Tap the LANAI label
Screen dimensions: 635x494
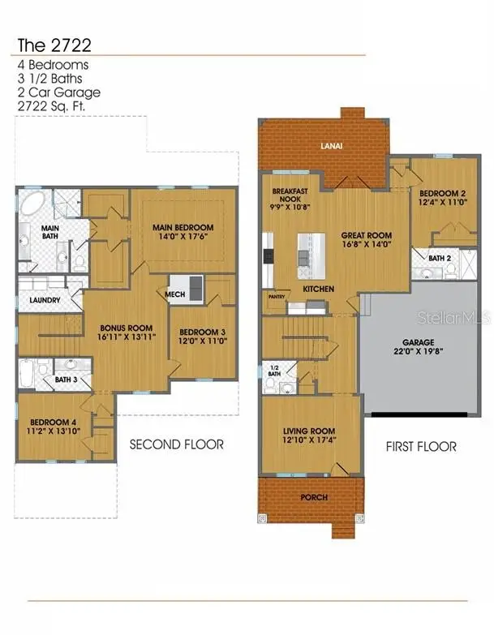tap(324, 147)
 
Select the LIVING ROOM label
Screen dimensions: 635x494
tap(309, 431)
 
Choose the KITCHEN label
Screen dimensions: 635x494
tap(318, 289)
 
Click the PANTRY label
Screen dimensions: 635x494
tap(276, 298)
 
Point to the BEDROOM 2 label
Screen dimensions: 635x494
tap(439, 193)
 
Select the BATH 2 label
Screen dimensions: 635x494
tap(439, 258)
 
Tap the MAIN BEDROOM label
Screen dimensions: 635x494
tap(183, 227)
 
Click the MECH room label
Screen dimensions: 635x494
tap(175, 294)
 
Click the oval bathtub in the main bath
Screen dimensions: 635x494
tap(35, 205)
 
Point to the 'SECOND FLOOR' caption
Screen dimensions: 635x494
tap(177, 445)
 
